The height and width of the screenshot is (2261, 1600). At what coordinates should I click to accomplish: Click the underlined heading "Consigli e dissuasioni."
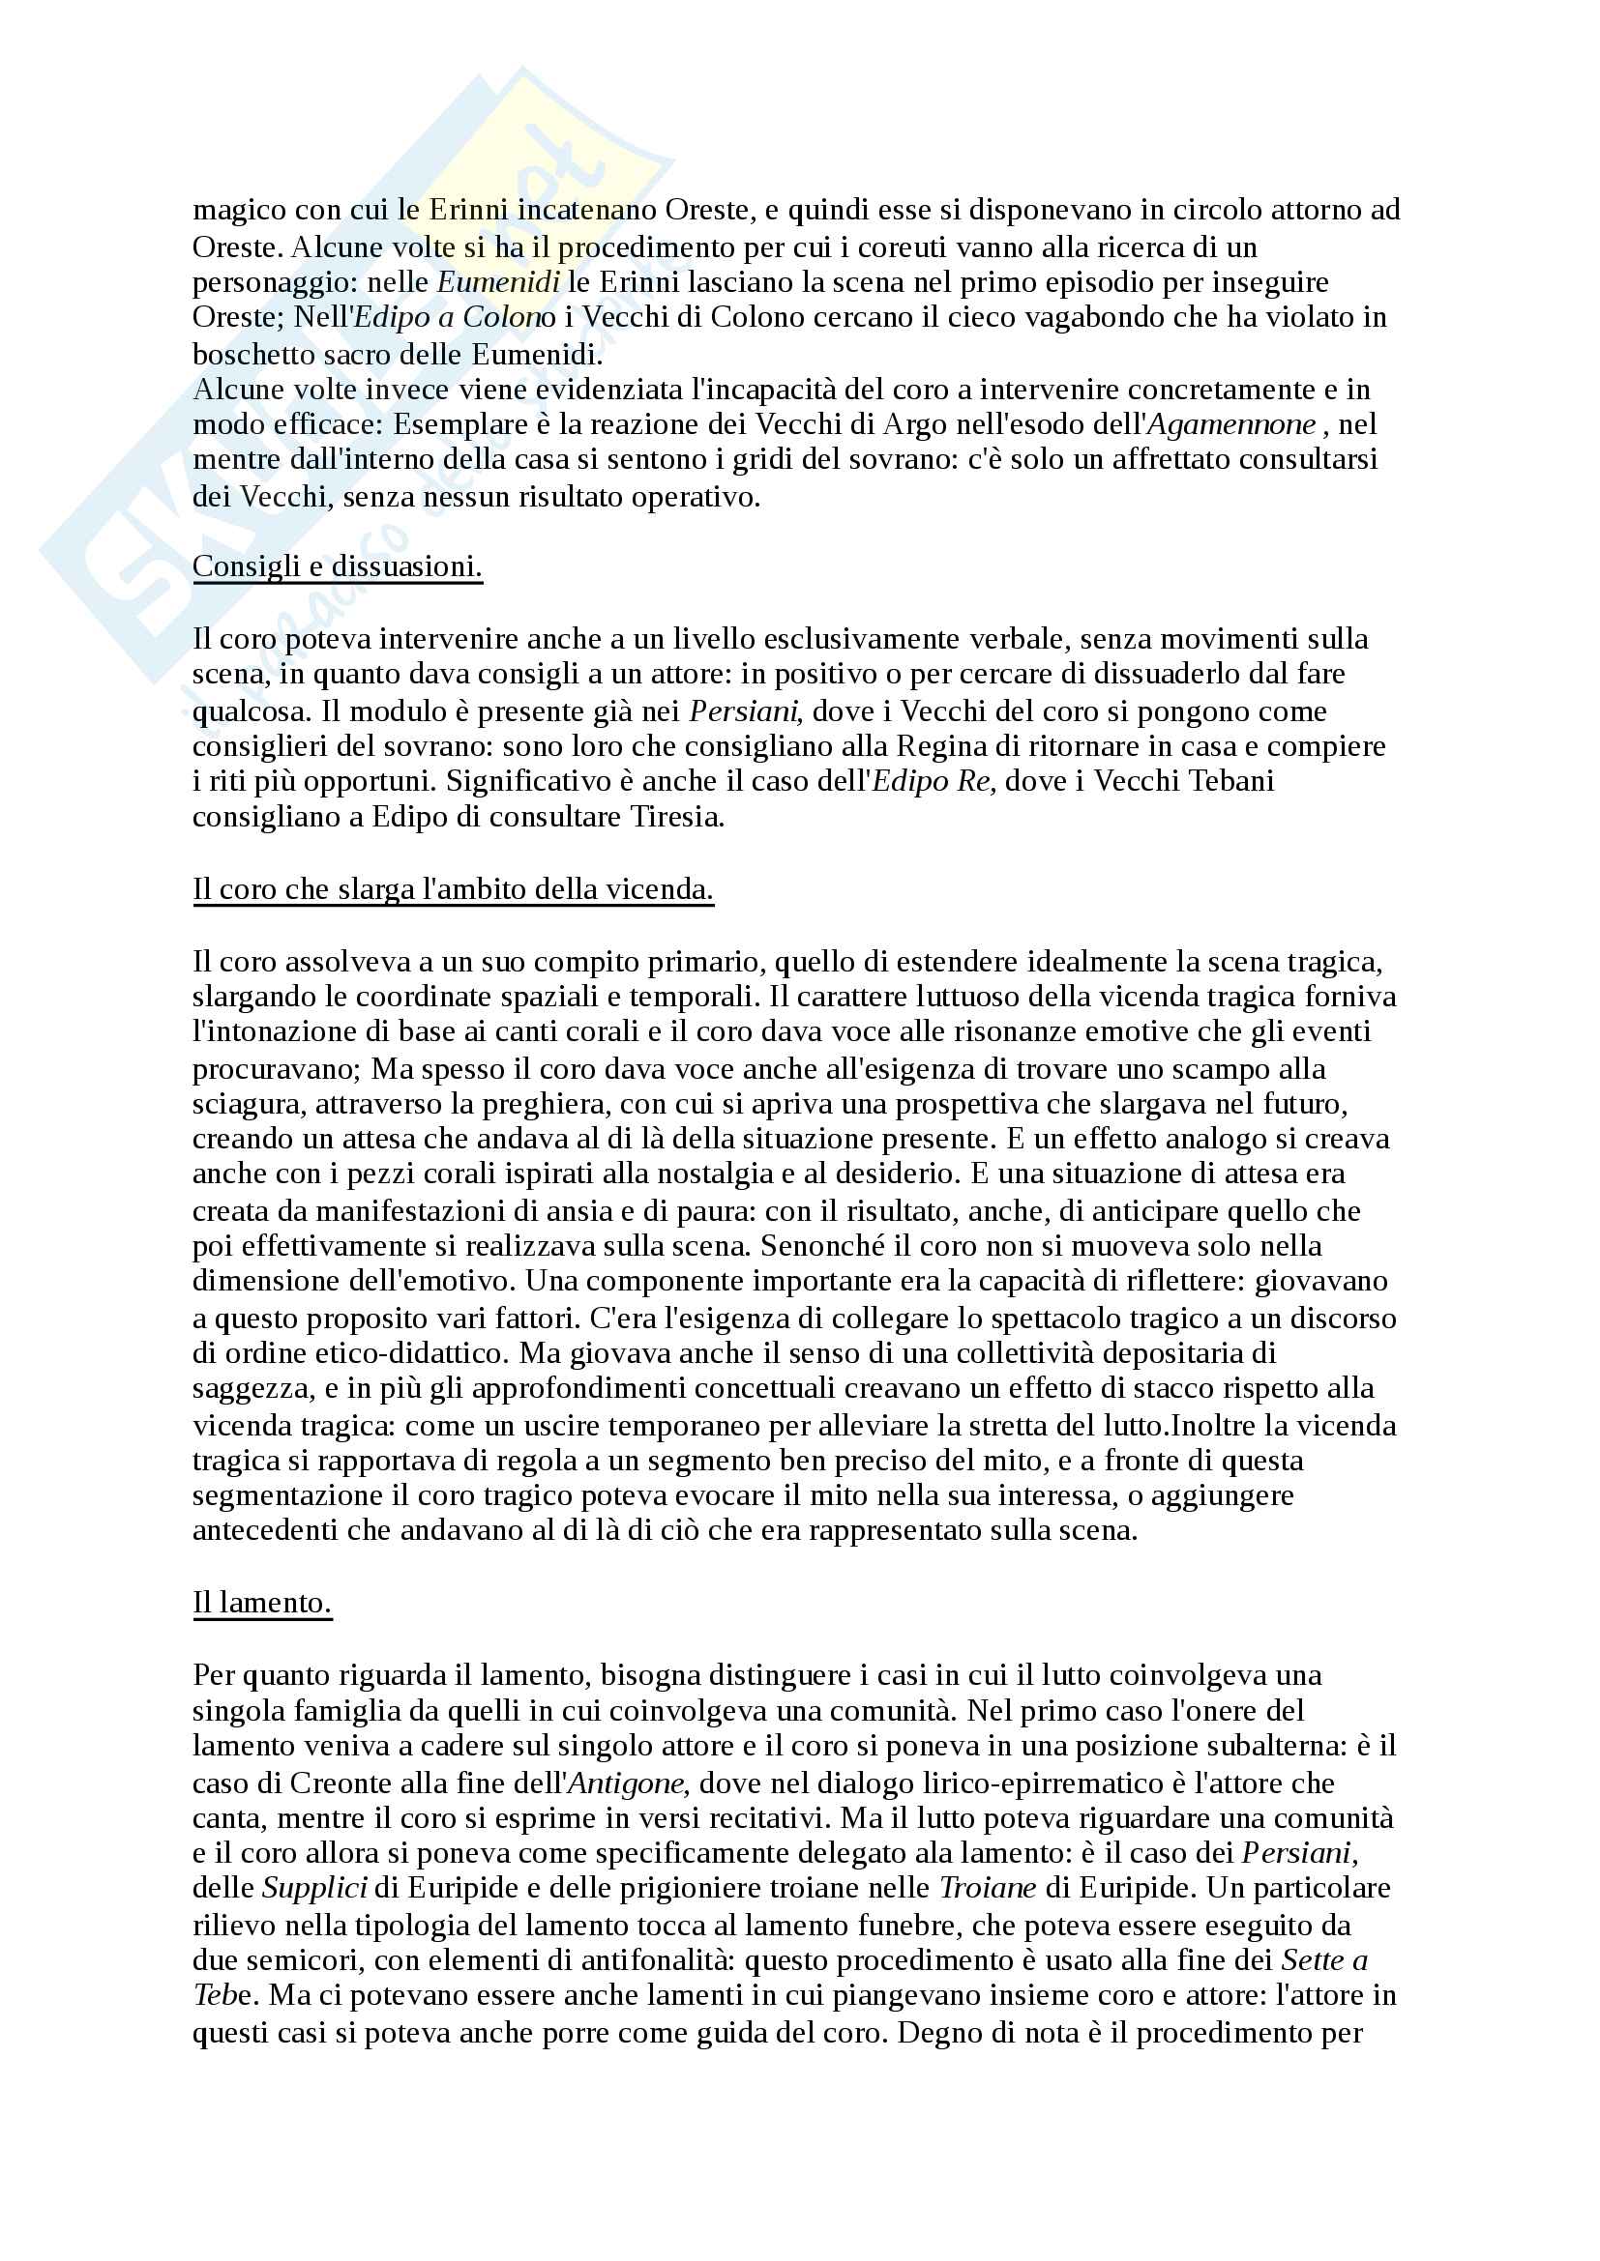click(337, 566)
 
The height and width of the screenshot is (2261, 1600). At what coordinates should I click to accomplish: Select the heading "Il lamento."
click(262, 1602)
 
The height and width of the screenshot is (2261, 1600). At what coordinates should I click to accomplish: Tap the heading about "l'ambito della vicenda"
click(453, 889)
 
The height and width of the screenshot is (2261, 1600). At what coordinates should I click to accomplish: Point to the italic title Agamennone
click(1231, 424)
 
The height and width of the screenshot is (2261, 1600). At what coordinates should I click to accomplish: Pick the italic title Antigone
click(627, 1783)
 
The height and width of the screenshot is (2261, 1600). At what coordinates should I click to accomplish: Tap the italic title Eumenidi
click(498, 282)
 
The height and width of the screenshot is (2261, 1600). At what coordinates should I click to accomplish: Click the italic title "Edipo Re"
click(934, 781)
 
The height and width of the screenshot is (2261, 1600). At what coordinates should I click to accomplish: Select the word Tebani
click(1231, 781)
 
